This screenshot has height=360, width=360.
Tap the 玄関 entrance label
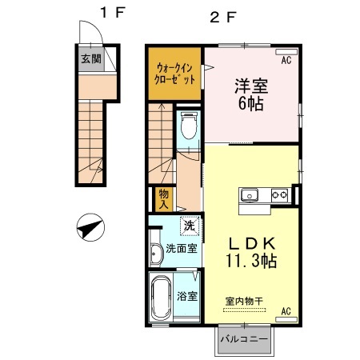point(90,58)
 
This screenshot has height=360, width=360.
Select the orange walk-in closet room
point(174,74)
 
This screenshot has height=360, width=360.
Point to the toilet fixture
point(190,125)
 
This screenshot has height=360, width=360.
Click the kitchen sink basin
point(247,194)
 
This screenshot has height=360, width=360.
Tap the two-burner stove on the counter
point(279,194)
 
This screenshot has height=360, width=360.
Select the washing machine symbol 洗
point(190,227)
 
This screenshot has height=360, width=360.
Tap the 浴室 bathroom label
point(189,294)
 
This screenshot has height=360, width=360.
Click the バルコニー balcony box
point(242,339)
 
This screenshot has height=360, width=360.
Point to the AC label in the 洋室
point(285,58)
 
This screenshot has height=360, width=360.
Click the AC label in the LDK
point(285,312)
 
